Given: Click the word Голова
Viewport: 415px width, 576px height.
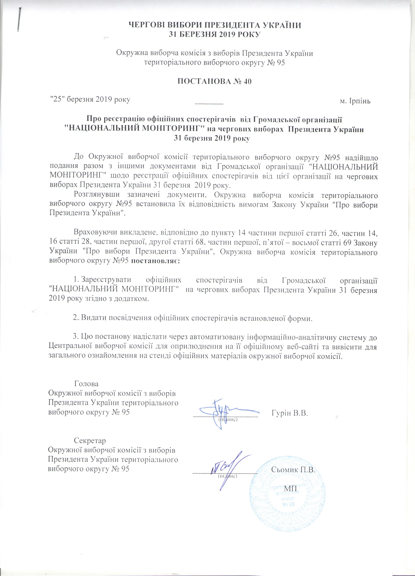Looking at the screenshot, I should point(86,384).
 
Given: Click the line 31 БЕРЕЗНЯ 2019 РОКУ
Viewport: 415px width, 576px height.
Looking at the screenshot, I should point(215,34).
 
